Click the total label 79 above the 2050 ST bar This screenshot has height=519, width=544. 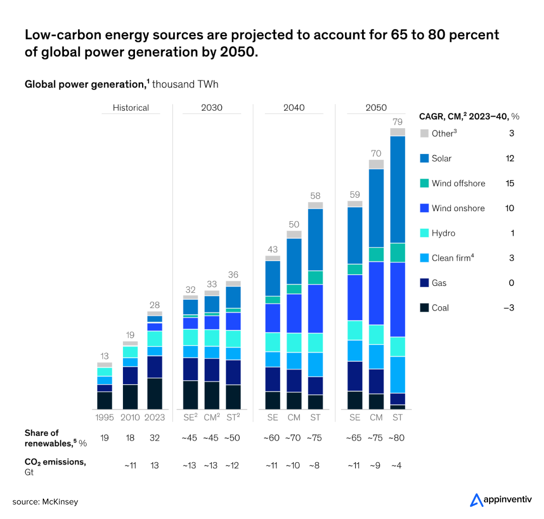click(x=397, y=121)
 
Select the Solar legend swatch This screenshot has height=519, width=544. click(x=424, y=158)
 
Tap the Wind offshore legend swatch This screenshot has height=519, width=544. click(x=424, y=184)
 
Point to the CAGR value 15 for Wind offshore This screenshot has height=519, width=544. click(x=510, y=184)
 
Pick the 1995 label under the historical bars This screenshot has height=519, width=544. click(x=105, y=418)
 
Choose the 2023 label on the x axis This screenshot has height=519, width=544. click(x=155, y=418)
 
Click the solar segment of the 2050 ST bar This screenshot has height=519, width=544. click(x=397, y=189)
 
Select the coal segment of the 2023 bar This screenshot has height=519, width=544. click(x=155, y=393)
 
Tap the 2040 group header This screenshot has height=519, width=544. click(x=294, y=108)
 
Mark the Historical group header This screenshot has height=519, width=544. click(x=131, y=108)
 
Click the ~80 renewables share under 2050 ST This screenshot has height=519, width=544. click(x=397, y=438)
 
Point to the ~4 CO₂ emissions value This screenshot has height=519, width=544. click(x=397, y=465)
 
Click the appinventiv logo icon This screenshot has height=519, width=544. click(x=476, y=500)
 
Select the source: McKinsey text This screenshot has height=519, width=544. click(x=45, y=502)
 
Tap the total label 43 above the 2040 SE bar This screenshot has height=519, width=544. click(x=273, y=249)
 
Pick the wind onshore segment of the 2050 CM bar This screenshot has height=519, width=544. click(x=376, y=293)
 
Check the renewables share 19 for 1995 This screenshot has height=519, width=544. click(x=105, y=438)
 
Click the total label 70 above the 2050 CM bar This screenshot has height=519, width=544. click(x=376, y=153)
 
